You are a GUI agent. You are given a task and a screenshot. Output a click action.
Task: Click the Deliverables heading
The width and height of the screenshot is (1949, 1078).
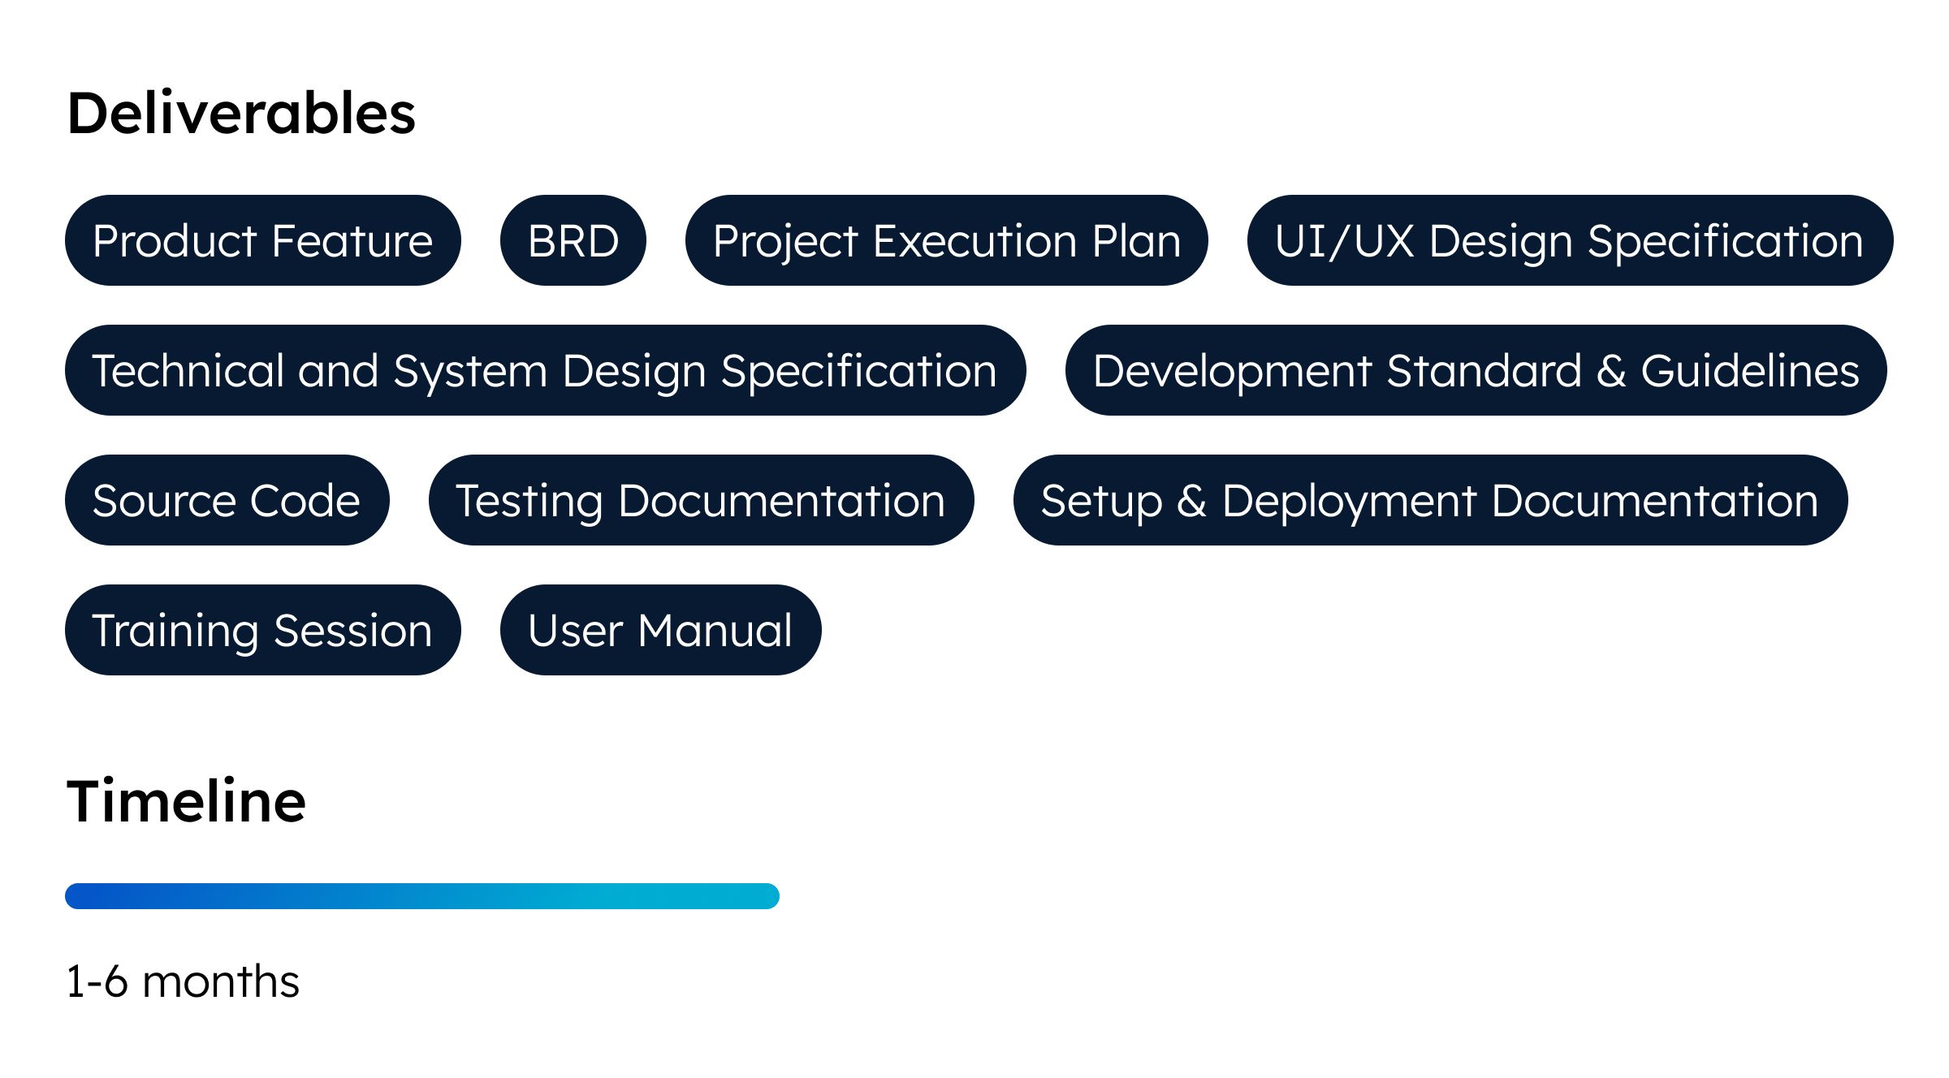(241, 114)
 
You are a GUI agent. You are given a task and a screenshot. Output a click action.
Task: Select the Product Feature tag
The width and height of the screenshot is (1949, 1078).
(262, 240)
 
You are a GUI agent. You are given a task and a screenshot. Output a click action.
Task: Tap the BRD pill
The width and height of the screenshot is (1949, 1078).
(573, 240)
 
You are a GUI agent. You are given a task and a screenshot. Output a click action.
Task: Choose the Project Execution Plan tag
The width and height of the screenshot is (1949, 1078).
(947, 240)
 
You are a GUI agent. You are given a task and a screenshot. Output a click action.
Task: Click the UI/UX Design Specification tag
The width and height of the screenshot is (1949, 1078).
(1570, 240)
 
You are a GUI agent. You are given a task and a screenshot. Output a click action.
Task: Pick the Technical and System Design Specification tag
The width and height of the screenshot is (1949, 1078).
(546, 370)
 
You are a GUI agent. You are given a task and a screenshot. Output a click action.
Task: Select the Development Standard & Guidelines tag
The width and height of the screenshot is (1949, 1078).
(1476, 370)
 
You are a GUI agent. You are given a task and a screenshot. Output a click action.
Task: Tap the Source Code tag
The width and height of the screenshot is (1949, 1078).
(227, 500)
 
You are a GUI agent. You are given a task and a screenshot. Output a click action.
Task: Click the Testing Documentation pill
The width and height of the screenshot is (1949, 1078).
(702, 500)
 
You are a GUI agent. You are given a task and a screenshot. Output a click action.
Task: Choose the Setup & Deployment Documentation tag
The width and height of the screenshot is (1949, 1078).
(1431, 500)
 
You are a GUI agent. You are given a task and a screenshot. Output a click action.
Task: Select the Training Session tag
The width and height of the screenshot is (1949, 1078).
(263, 630)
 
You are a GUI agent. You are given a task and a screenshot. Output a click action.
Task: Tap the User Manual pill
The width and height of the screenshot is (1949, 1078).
(661, 630)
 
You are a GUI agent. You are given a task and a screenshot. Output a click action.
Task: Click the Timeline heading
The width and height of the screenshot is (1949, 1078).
(187, 801)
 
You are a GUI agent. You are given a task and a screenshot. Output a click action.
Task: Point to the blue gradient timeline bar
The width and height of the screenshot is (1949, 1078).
(422, 896)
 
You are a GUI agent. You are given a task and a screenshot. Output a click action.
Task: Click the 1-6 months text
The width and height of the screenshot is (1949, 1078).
(183, 981)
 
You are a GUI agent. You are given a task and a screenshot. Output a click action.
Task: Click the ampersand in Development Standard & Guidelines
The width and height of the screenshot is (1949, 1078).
(1611, 371)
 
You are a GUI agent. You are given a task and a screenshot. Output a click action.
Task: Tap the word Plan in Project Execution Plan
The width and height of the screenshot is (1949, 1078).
(1136, 241)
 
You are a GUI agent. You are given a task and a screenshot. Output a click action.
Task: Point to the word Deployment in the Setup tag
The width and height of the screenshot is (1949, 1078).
(1350, 503)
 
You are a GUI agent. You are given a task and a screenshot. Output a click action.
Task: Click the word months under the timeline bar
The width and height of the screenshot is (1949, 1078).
(221, 981)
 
